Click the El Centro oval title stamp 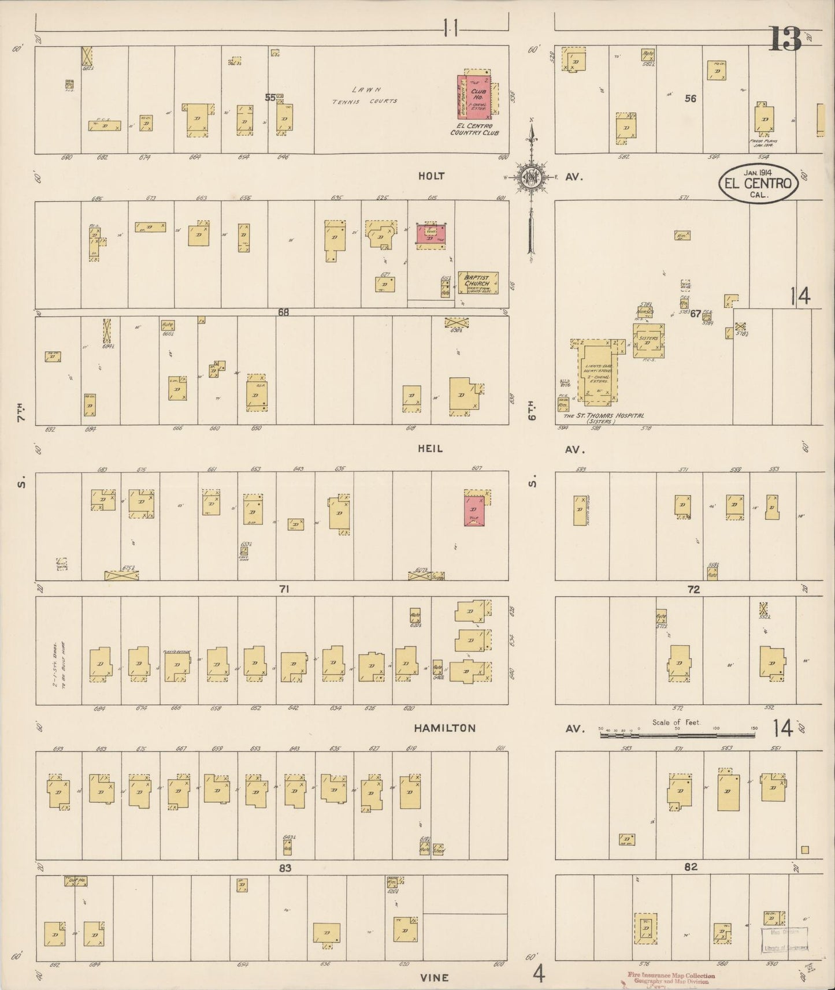pos(759,184)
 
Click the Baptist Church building pos(478,282)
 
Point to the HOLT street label pos(432,176)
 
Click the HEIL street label pos(431,449)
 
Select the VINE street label pos(434,977)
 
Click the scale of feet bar pos(676,738)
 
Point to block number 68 pos(283,312)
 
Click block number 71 pos(284,589)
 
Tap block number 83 pos(285,868)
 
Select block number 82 pos(691,867)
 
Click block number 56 pos(691,99)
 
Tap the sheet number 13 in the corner pos(784,39)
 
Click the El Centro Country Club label pos(474,129)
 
